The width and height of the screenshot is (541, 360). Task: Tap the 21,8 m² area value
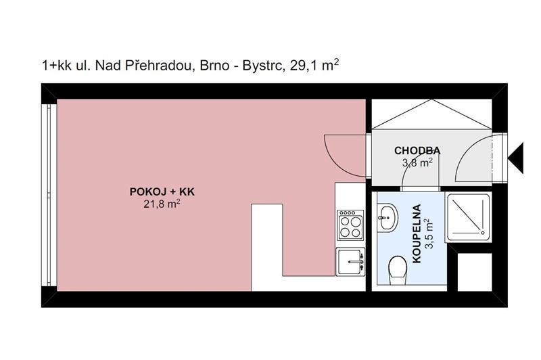(161, 204)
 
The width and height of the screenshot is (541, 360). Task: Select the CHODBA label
(417, 150)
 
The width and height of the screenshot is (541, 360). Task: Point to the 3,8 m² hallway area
(417, 162)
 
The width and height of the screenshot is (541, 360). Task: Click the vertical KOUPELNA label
(417, 233)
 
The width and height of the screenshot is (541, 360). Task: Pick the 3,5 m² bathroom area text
(429, 233)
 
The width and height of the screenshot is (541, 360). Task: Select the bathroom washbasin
(388, 218)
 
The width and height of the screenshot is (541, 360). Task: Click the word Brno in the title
(215, 66)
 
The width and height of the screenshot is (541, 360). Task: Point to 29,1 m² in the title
(315, 66)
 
